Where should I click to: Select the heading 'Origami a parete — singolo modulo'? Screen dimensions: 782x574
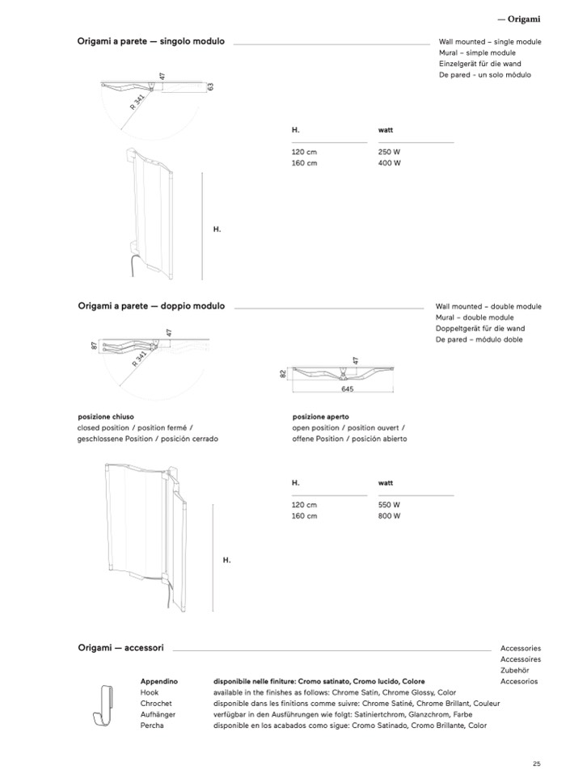(151, 41)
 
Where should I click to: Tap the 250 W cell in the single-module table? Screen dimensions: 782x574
(390, 151)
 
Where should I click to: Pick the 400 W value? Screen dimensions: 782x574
(390, 162)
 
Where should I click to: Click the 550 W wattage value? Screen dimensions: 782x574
(390, 504)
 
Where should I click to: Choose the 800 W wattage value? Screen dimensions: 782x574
(390, 515)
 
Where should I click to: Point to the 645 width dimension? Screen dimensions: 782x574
(348, 389)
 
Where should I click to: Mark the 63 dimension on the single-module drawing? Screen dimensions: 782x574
(209, 86)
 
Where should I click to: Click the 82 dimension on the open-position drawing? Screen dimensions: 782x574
(283, 374)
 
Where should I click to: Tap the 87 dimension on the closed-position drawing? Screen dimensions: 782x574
(95, 346)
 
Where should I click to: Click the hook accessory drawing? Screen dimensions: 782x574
(103, 704)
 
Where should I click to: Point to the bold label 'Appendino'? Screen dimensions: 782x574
(158, 681)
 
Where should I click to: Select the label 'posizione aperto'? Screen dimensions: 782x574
(321, 417)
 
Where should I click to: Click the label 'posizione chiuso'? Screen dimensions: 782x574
(105, 417)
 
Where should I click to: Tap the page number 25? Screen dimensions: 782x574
(536, 764)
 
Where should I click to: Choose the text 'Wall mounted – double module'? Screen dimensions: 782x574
(488, 307)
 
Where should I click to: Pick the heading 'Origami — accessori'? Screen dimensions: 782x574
(121, 648)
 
